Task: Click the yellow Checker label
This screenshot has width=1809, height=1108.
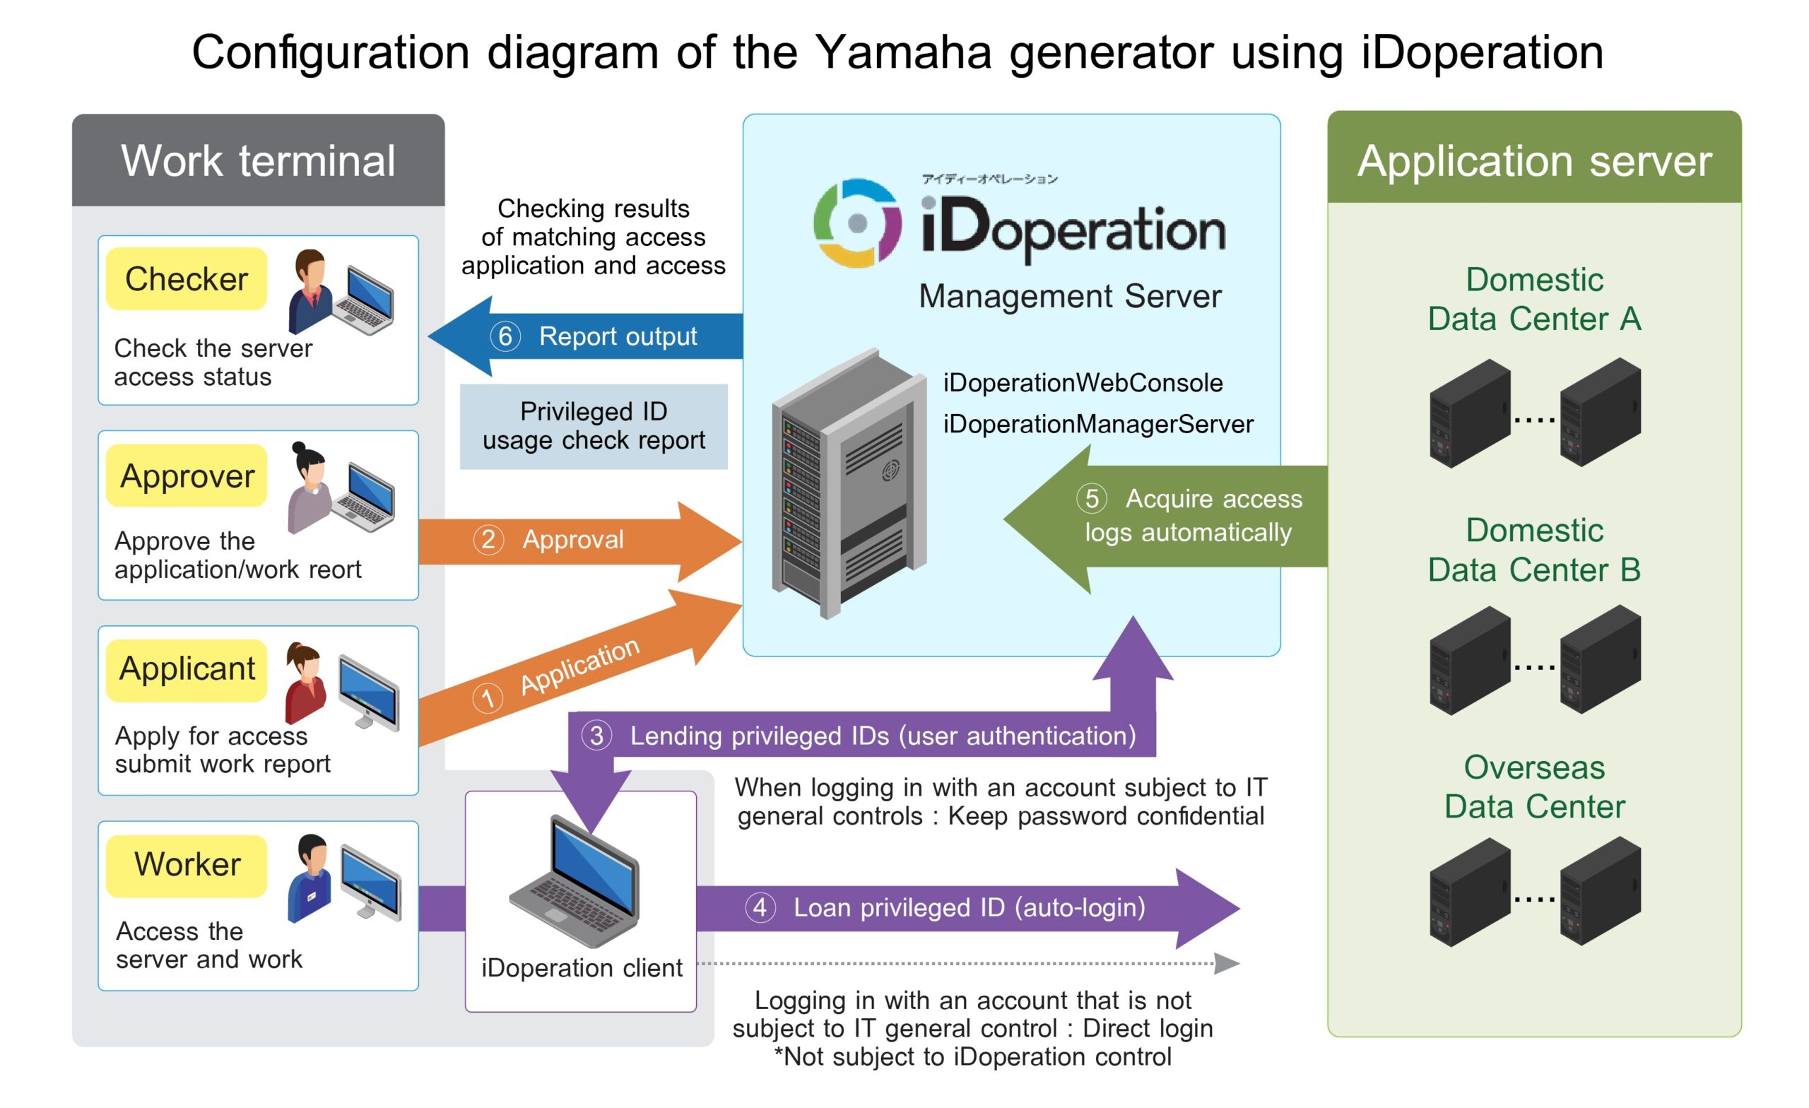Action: coord(186,279)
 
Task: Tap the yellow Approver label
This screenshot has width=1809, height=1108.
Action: coord(187,476)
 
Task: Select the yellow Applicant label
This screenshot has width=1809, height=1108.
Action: coord(187,669)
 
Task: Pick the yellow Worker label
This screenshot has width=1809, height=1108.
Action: coord(187,864)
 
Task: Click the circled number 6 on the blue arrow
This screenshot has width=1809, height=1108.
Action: coord(505,336)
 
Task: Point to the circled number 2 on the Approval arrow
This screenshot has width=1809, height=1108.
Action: coord(488,540)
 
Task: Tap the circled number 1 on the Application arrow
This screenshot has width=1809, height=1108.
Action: coord(488,697)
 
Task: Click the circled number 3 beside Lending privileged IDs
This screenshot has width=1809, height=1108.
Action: coord(597,736)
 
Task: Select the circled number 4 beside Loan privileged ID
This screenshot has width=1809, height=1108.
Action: coord(760,907)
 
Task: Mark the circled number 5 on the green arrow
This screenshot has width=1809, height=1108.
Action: coord(1092,499)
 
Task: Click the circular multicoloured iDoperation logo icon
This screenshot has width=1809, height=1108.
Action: coord(856,223)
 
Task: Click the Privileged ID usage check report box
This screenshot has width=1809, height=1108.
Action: coord(593,426)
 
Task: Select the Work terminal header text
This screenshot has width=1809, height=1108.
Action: coord(258,161)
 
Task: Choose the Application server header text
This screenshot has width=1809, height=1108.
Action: coord(1533,161)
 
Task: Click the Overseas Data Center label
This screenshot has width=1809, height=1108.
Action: coord(1533,786)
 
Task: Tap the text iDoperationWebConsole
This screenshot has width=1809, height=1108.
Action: coord(1083,382)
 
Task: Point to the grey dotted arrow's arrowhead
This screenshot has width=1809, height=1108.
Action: coord(1226,963)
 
